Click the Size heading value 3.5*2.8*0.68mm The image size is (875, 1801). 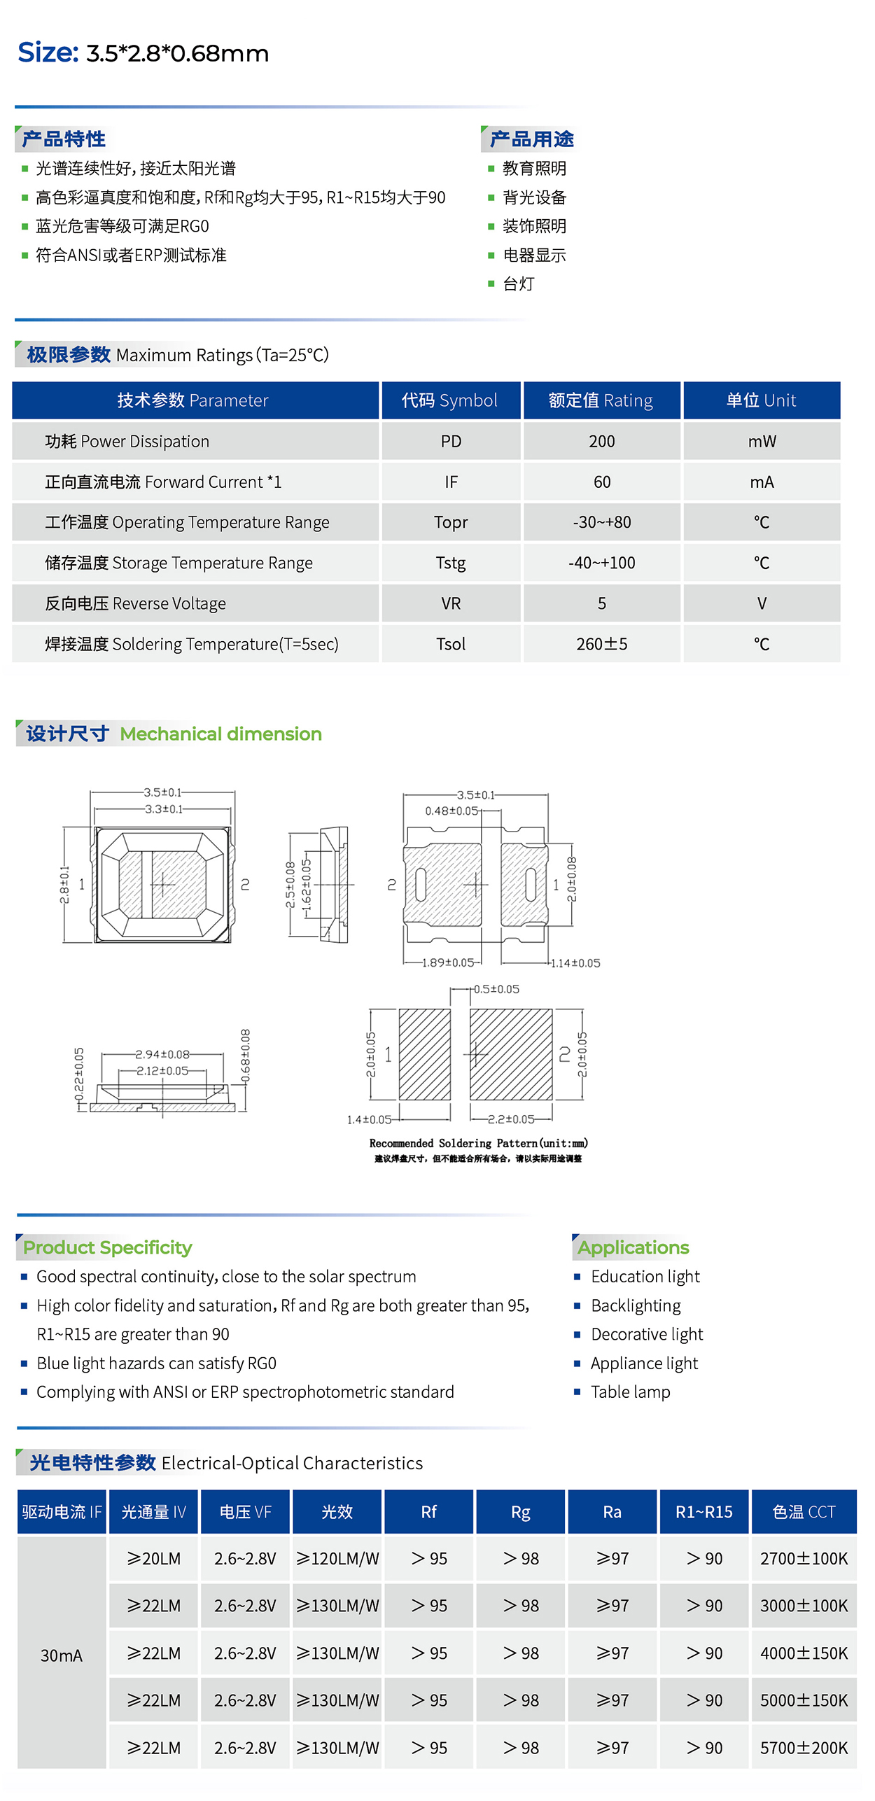177,54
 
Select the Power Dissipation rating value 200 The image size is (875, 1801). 601,442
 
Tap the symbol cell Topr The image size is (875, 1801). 450,522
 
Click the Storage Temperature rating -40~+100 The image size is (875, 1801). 601,563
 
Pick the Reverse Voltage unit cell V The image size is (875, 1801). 762,603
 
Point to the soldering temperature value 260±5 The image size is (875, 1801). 601,644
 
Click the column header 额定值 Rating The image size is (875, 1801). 601,400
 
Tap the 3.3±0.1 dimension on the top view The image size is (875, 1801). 163,809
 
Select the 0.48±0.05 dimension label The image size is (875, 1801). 451,811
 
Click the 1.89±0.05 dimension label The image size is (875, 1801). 448,962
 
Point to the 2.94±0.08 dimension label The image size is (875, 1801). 162,1054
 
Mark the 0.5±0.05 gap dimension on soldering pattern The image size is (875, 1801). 496,989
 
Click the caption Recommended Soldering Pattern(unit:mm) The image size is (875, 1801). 478,1143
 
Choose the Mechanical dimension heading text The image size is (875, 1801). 220,734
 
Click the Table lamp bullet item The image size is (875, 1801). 630,1392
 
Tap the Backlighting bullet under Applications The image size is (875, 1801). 635,1305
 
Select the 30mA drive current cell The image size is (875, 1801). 62,1655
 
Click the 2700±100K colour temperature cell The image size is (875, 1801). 804,1558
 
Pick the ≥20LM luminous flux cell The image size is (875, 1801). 154,1558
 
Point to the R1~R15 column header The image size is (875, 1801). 703,1512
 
